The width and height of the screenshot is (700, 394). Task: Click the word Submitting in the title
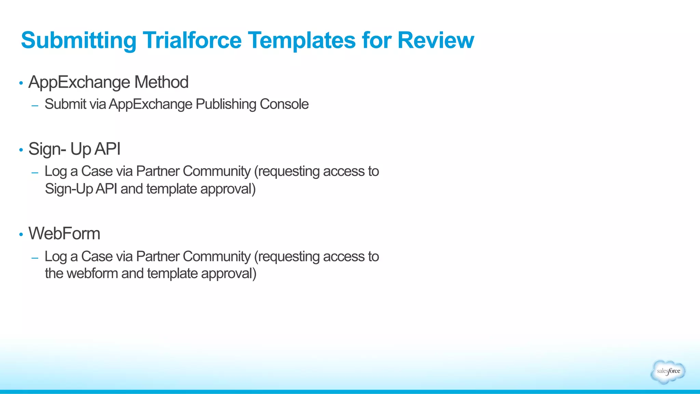click(79, 40)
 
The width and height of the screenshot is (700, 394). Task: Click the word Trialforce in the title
click(192, 40)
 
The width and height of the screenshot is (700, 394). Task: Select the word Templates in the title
click(302, 40)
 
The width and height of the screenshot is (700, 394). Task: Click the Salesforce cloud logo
click(668, 371)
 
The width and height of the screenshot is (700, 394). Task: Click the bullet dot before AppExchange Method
click(21, 83)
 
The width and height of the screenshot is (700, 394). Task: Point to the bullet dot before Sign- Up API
click(21, 150)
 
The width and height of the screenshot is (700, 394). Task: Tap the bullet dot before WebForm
click(21, 234)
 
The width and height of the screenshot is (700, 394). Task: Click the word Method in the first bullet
click(161, 82)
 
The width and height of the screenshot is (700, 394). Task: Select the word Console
click(284, 104)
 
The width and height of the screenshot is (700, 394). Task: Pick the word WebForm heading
click(64, 234)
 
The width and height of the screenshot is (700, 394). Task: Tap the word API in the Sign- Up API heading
click(107, 149)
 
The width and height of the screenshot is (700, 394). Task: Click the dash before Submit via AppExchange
click(35, 106)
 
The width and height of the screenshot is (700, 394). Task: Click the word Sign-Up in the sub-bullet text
click(69, 189)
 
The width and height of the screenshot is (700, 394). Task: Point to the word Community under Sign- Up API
click(216, 171)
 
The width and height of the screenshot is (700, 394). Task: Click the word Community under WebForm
click(216, 256)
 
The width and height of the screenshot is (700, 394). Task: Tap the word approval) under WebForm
click(228, 274)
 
